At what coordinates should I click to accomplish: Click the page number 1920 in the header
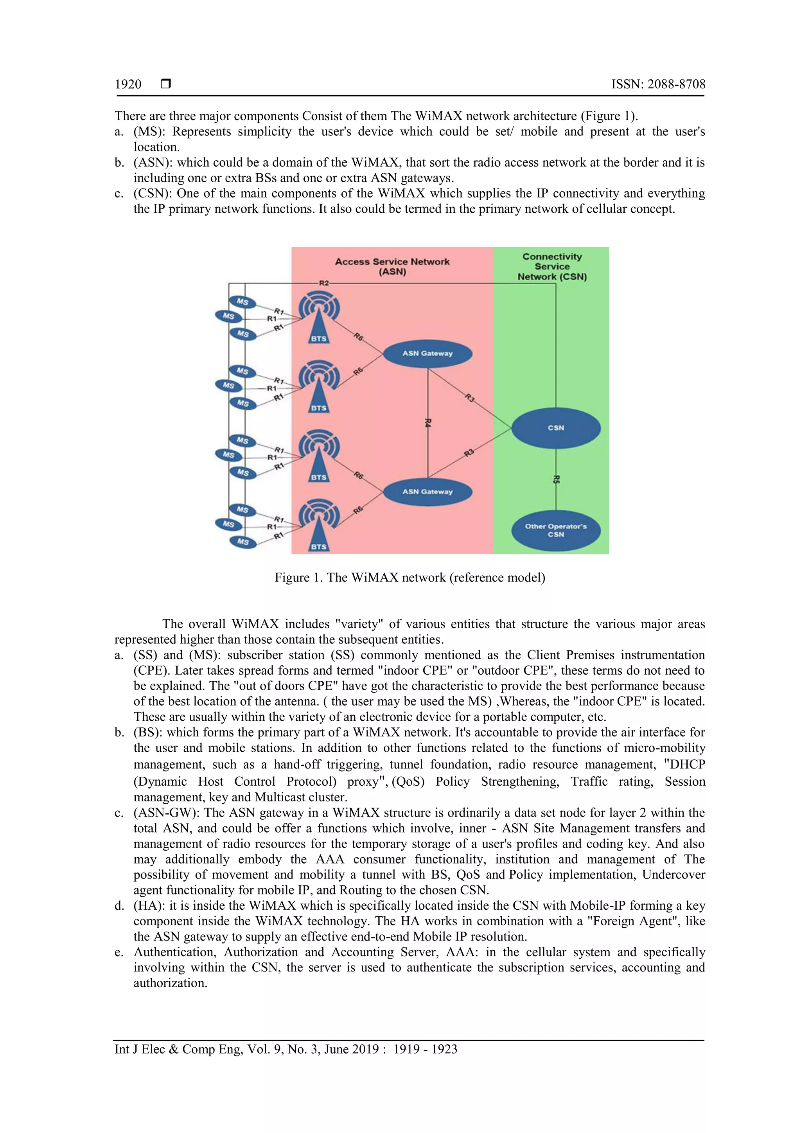[128, 84]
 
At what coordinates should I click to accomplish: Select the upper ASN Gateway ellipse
[427, 353]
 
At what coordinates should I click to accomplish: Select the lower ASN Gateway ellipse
[427, 492]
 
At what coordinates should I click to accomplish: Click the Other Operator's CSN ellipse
[556, 530]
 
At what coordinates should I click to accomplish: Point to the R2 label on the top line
[324, 283]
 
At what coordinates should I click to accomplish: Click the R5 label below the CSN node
[556, 479]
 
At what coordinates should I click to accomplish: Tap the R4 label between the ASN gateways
[428, 423]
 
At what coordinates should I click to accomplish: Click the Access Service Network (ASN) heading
[392, 266]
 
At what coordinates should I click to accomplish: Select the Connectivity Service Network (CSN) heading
[552, 266]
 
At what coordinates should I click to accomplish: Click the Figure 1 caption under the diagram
[409, 577]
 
